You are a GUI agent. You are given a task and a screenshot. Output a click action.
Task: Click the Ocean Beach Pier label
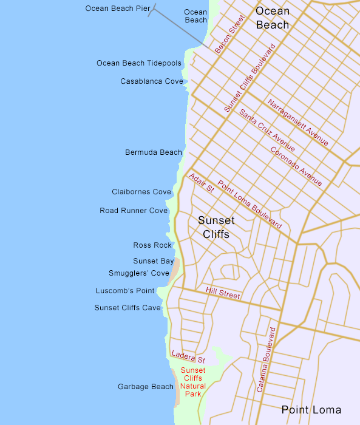click(118, 8)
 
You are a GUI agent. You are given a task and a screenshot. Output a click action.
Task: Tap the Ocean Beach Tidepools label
click(139, 63)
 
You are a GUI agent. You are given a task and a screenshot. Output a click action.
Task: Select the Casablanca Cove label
click(152, 81)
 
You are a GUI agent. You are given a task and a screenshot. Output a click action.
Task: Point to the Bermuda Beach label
click(154, 152)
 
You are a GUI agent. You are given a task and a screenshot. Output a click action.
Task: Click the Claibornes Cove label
click(141, 192)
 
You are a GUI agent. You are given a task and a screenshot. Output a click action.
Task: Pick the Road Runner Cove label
click(134, 211)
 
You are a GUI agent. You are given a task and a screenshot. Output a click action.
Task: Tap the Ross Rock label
click(153, 245)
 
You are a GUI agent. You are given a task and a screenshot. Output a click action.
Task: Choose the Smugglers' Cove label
click(139, 273)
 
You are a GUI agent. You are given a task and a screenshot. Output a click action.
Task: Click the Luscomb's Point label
click(125, 291)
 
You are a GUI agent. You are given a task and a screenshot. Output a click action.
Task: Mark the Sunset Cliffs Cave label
click(127, 308)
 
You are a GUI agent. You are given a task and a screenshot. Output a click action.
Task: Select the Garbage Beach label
click(146, 387)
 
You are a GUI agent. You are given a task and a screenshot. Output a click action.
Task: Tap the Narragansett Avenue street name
click(298, 122)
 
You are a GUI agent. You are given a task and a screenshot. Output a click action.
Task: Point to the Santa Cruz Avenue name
click(267, 131)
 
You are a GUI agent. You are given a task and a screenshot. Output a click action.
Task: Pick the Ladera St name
click(189, 356)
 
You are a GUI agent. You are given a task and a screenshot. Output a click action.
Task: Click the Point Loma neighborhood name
click(311, 410)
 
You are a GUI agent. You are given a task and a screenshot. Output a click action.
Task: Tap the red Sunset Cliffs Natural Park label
click(193, 382)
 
